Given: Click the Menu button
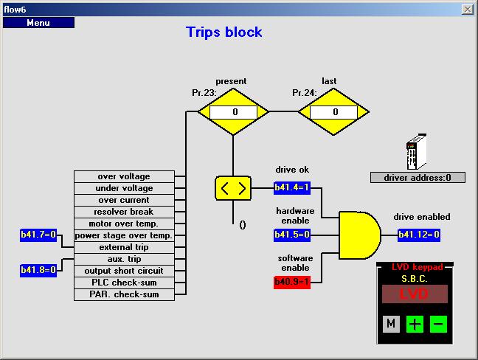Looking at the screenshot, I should [x=38, y=23].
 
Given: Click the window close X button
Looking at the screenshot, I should [x=467, y=9].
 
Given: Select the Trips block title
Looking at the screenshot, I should [x=224, y=32].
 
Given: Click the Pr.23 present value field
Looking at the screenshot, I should [x=233, y=112].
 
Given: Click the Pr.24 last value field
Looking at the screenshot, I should [x=334, y=112].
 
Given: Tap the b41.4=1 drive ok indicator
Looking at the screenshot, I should [x=292, y=188].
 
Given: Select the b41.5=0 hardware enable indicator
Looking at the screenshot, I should [x=292, y=235].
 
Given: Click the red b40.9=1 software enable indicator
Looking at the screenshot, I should [x=292, y=282].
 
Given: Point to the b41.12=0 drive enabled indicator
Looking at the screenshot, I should [x=419, y=235].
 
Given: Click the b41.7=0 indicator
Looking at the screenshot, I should [x=38, y=235].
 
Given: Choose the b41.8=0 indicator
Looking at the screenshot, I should [x=38, y=271].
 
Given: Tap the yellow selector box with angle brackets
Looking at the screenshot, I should [x=233, y=188].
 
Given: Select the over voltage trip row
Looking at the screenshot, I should [x=124, y=177].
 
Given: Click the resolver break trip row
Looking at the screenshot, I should [x=124, y=212].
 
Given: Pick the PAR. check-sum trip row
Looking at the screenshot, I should [x=124, y=295].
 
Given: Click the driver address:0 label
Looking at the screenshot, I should [x=418, y=178].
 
